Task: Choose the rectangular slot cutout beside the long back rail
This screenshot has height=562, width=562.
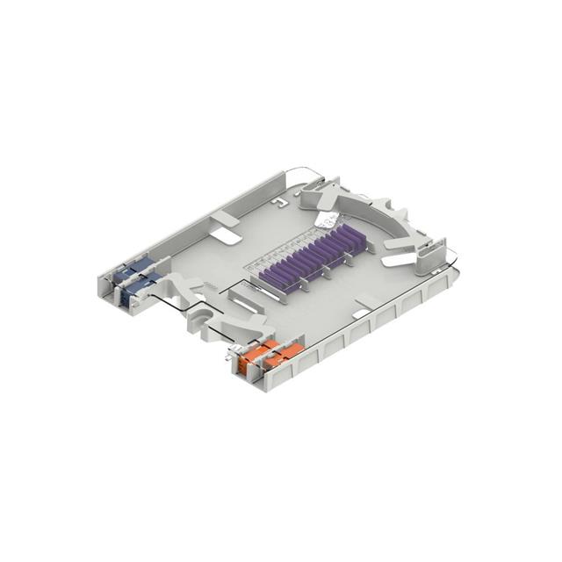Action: pos(226,235)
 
